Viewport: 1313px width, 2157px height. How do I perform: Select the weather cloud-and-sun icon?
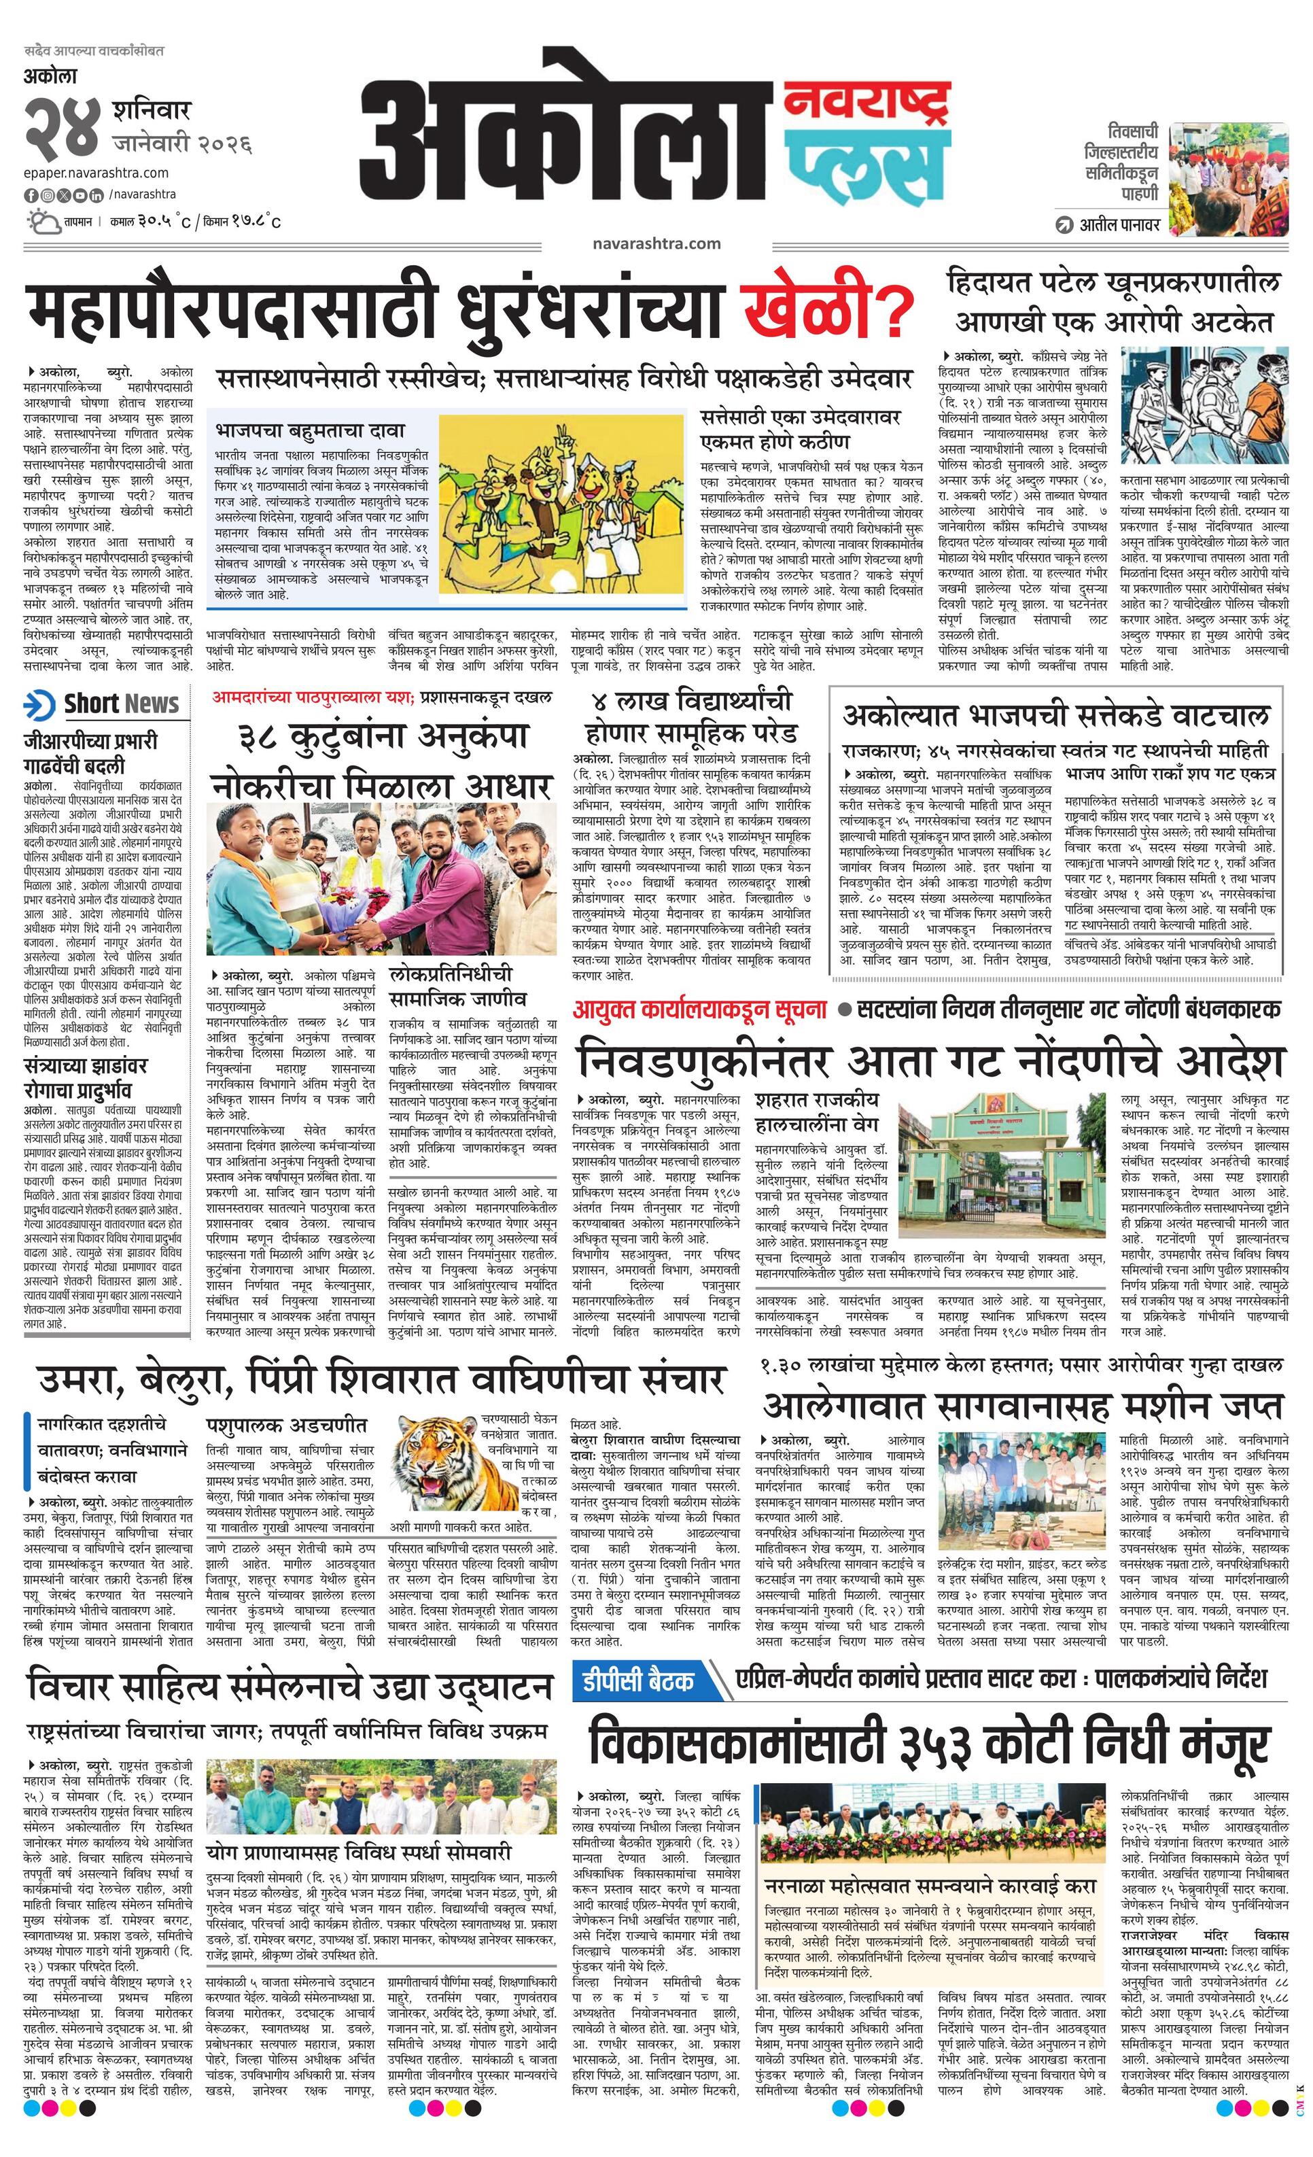(x=41, y=221)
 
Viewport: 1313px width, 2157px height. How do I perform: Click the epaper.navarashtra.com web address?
(x=97, y=173)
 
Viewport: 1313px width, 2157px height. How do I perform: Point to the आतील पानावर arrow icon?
(x=1064, y=224)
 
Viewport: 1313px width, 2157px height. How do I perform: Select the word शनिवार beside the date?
(x=151, y=112)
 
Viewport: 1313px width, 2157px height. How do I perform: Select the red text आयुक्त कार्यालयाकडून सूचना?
(x=699, y=1008)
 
